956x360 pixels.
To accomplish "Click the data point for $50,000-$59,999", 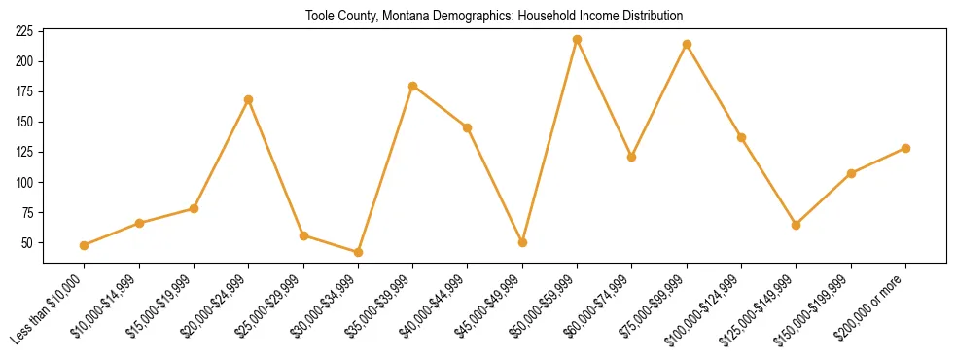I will click(x=577, y=39).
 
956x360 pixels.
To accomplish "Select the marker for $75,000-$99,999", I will click(x=687, y=44).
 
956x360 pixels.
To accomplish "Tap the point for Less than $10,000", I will click(x=85, y=245).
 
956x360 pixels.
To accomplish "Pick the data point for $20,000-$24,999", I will click(x=249, y=99).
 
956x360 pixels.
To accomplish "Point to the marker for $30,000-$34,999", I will click(x=358, y=252).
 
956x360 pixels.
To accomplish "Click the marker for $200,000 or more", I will click(x=905, y=148).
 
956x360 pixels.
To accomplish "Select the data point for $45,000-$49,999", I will click(x=522, y=242).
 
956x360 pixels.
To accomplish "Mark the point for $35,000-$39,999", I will click(x=412, y=86).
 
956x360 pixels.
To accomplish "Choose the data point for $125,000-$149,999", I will click(x=796, y=225).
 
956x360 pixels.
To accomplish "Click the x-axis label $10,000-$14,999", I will click(x=106, y=306).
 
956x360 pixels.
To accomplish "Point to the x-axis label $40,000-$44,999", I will click(x=434, y=306).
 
